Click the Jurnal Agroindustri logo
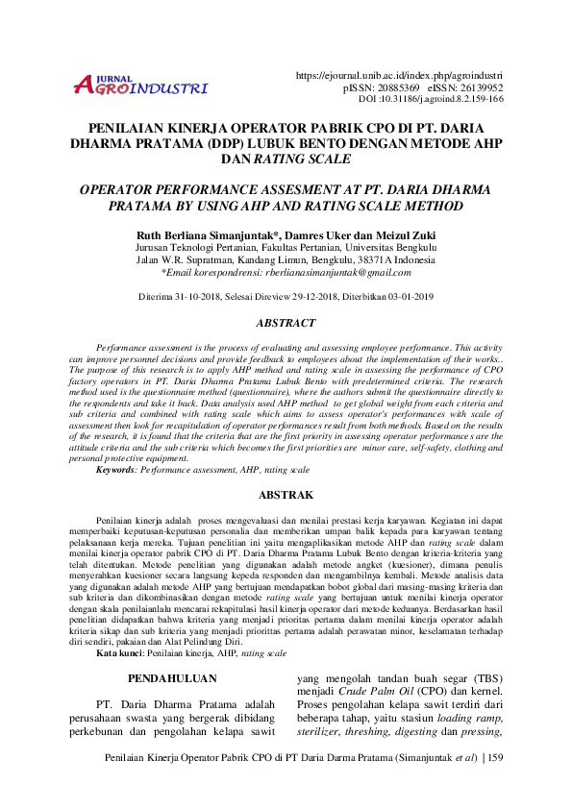tap(140, 86)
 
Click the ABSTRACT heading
tap(286, 324)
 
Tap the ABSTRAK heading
tap(286, 495)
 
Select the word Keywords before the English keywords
tap(115, 471)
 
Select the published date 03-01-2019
tap(404, 297)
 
